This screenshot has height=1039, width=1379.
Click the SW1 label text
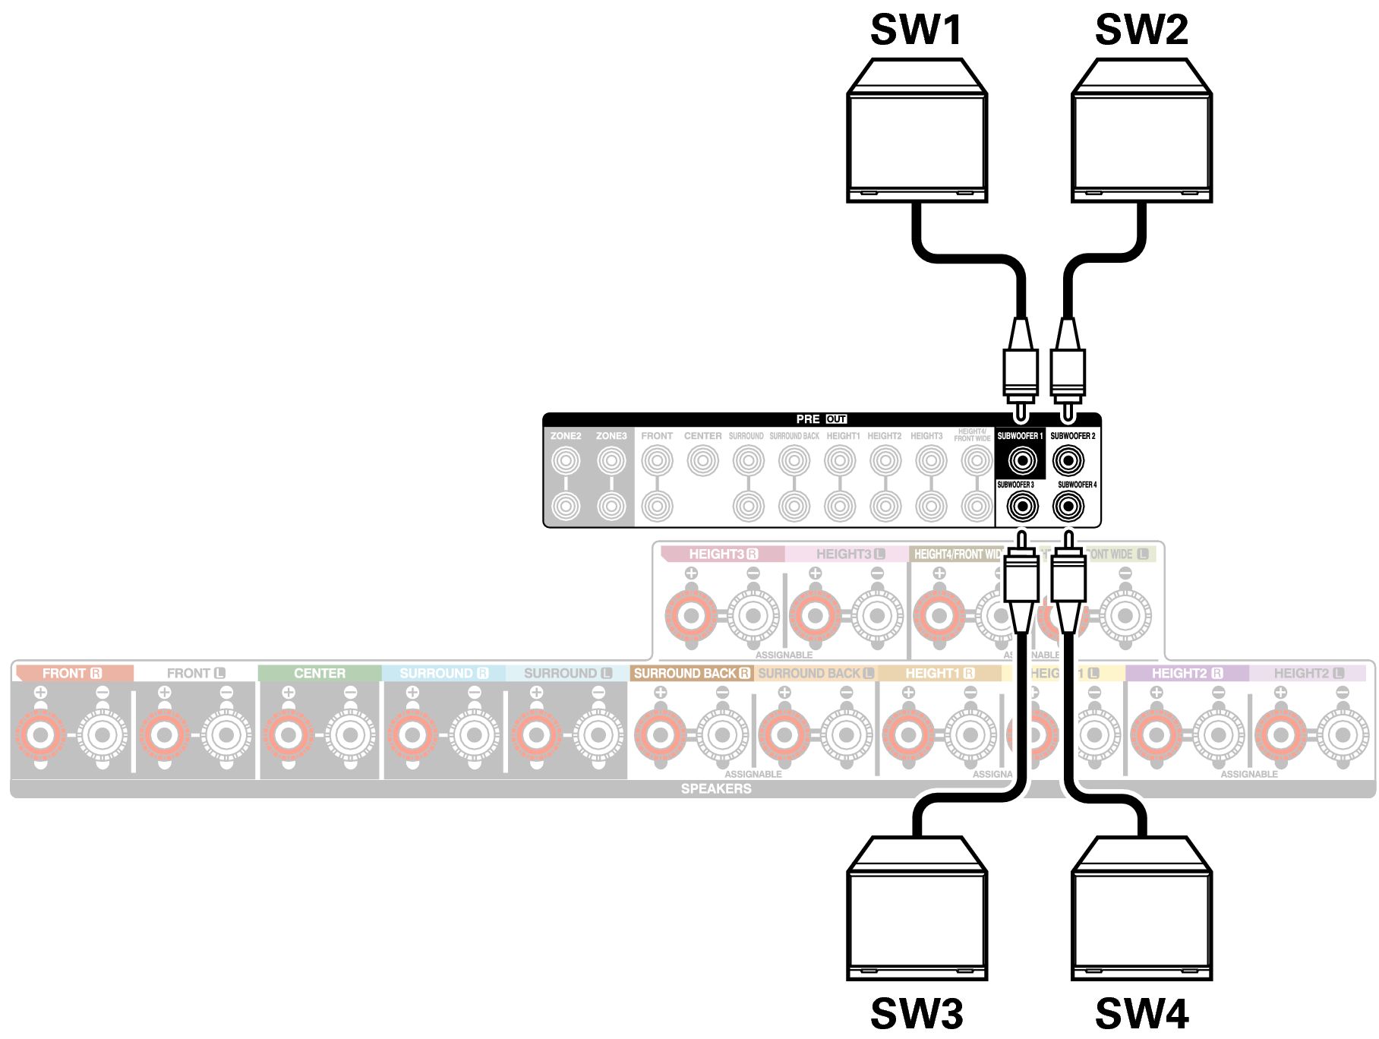pyautogui.click(x=917, y=30)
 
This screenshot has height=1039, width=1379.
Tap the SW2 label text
pyautogui.click(x=1141, y=30)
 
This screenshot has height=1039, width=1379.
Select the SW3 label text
pyautogui.click(x=917, y=1013)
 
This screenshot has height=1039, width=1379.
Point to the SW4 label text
pyautogui.click(x=1141, y=1013)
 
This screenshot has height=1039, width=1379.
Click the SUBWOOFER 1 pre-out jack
pyautogui.click(x=1022, y=460)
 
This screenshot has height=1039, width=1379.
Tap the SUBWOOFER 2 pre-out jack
pyautogui.click(x=1068, y=460)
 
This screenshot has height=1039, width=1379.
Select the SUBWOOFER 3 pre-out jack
pyautogui.click(x=1022, y=506)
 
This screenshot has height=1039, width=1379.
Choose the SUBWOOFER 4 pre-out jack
pyautogui.click(x=1068, y=506)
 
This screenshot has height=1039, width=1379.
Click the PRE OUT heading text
pyautogui.click(x=821, y=419)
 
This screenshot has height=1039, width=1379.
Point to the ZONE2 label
pyautogui.click(x=566, y=436)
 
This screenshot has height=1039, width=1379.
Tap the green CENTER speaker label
pyautogui.click(x=320, y=674)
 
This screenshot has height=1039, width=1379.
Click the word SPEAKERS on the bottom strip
pyautogui.click(x=716, y=789)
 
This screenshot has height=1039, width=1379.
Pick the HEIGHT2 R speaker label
pyautogui.click(x=1187, y=674)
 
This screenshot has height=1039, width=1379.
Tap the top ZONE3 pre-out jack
pyautogui.click(x=611, y=460)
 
